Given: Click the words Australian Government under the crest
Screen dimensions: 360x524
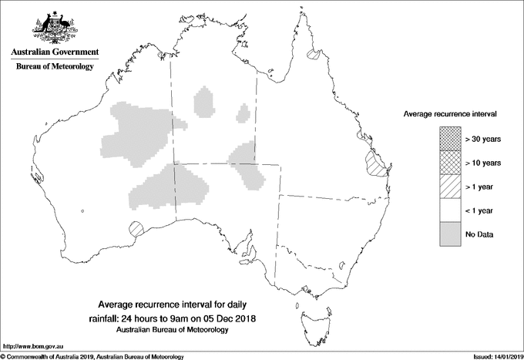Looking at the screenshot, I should point(54,52).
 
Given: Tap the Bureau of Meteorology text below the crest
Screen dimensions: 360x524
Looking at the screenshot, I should point(54,67).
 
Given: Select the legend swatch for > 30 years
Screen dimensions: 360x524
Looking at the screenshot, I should point(450,140).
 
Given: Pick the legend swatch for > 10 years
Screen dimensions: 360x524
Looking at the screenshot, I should point(450,163).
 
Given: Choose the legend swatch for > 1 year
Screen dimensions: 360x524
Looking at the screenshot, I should point(450,187).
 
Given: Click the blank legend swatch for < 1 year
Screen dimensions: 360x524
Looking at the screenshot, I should point(450,210).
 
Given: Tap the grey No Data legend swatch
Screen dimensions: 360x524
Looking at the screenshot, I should point(450,234).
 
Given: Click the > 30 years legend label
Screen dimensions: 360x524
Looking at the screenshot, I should point(483,140).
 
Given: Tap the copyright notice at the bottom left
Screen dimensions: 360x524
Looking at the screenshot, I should point(92,356).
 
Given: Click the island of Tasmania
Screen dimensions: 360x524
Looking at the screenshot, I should point(310,312).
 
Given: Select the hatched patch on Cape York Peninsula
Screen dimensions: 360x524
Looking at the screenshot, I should point(313,56).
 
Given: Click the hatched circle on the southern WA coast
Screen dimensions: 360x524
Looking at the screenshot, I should point(136,228).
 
